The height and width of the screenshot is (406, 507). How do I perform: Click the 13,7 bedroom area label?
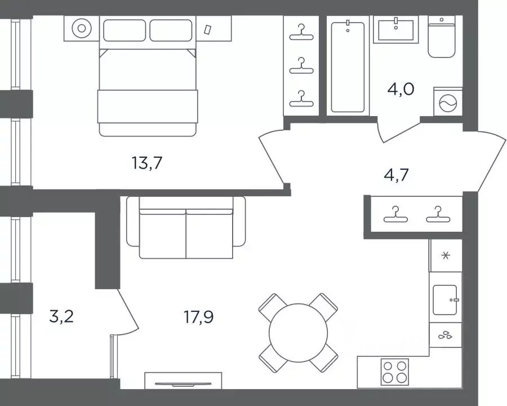coord(147,163)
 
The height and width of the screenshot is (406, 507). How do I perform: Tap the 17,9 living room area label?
coord(198,317)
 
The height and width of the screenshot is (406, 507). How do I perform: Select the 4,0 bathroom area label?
coord(401,89)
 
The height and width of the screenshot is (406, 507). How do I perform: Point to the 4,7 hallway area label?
coord(396,175)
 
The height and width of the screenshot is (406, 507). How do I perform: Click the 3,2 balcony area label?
coord(61,316)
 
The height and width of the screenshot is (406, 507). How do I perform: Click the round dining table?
coord(298,333)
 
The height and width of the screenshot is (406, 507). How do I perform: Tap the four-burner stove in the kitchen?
coord(394,372)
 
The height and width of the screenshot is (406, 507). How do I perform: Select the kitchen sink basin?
coord(445,300)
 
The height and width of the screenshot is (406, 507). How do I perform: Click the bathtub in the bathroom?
coord(348,67)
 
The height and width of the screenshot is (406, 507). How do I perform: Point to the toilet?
coord(442,37)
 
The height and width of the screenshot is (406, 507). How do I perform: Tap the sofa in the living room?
coord(186,227)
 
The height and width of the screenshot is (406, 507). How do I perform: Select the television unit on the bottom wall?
coord(183,381)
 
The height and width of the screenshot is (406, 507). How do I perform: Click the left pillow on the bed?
coord(124,30)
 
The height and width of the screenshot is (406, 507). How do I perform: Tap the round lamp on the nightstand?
coord(82,29)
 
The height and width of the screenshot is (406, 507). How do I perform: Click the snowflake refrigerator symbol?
coord(446,255)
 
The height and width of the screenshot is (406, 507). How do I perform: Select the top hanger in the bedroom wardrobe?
coord(301,32)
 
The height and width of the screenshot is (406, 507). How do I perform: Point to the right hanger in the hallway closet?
coord(438,214)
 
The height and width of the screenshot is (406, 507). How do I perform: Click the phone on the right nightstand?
coord(207,29)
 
